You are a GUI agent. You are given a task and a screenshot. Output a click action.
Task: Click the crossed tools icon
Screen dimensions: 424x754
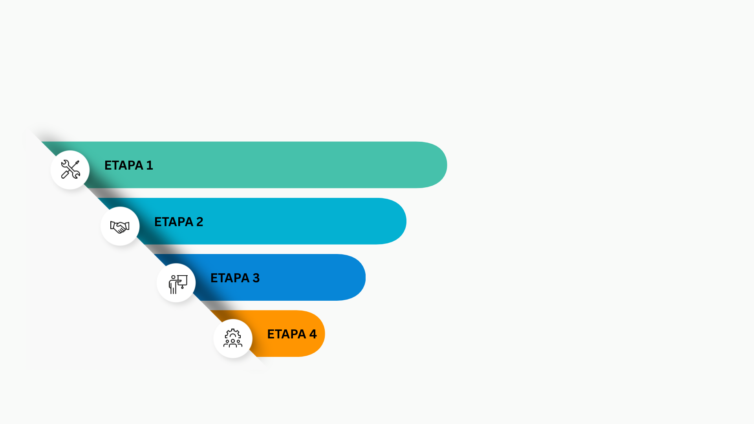click(x=70, y=170)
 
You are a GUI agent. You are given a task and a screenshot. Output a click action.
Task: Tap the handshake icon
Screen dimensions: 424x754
click(x=120, y=227)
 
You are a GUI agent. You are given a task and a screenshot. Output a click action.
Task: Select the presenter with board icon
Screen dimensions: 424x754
click(x=176, y=283)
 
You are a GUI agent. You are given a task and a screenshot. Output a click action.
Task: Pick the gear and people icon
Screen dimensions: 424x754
click(x=233, y=338)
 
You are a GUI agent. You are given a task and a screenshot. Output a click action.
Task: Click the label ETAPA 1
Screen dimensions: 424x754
click(x=128, y=165)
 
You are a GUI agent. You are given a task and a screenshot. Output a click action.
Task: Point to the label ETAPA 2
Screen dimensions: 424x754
click(x=179, y=222)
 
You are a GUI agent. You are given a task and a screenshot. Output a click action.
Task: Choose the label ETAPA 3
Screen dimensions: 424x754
click(x=235, y=278)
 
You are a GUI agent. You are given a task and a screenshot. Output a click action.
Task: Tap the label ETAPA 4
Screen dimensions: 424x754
click(x=292, y=334)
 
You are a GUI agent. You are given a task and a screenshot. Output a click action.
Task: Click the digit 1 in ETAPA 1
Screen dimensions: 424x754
click(x=150, y=165)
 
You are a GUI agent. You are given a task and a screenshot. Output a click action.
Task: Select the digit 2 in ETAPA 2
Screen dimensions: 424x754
click(x=199, y=222)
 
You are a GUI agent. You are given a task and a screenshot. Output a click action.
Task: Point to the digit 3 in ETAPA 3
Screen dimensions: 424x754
click(x=256, y=278)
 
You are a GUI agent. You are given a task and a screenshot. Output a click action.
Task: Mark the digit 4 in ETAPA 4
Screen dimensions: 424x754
click(x=313, y=334)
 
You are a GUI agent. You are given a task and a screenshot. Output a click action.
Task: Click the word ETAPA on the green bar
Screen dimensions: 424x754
click(x=124, y=165)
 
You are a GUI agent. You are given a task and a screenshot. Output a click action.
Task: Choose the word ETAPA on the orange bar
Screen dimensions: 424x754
click(x=286, y=334)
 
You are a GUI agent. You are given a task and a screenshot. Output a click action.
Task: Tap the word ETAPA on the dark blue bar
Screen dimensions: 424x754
click(x=230, y=278)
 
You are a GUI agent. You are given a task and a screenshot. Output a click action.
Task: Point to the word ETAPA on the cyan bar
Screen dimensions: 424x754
click(x=174, y=222)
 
